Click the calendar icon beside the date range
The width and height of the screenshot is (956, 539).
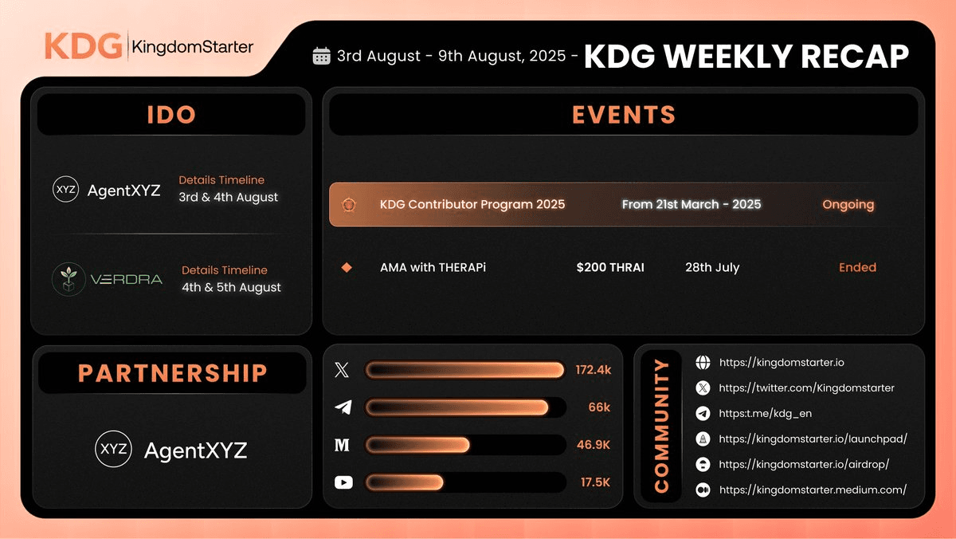pyautogui.click(x=322, y=56)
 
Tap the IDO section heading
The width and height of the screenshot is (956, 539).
pyautogui.click(x=171, y=115)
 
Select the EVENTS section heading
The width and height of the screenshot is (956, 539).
pyautogui.click(x=624, y=115)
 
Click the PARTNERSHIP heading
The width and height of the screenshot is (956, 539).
pyautogui.click(x=172, y=373)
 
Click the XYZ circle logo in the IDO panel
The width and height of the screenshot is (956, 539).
pyautogui.click(x=65, y=190)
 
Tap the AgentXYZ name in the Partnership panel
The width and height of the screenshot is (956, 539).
pyautogui.click(x=195, y=450)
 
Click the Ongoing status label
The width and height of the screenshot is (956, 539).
pyautogui.click(x=848, y=205)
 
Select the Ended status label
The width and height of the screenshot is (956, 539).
pyautogui.click(x=857, y=267)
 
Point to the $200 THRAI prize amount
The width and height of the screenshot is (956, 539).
pyautogui.click(x=610, y=267)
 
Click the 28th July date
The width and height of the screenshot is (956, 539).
pyautogui.click(x=712, y=267)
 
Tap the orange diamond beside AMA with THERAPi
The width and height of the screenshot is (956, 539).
pyautogui.click(x=347, y=267)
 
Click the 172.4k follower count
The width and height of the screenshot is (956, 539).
pyautogui.click(x=593, y=370)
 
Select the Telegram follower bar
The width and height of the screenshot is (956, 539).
pyautogui.click(x=456, y=407)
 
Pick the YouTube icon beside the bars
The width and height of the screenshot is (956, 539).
pyautogui.click(x=343, y=482)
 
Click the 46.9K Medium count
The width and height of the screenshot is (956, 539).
pyautogui.click(x=593, y=445)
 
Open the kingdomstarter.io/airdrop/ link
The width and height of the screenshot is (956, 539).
pyautogui.click(x=803, y=464)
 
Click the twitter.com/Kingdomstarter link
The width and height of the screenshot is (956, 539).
pyautogui.click(x=806, y=388)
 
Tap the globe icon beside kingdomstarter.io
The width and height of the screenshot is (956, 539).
pyautogui.click(x=703, y=363)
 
